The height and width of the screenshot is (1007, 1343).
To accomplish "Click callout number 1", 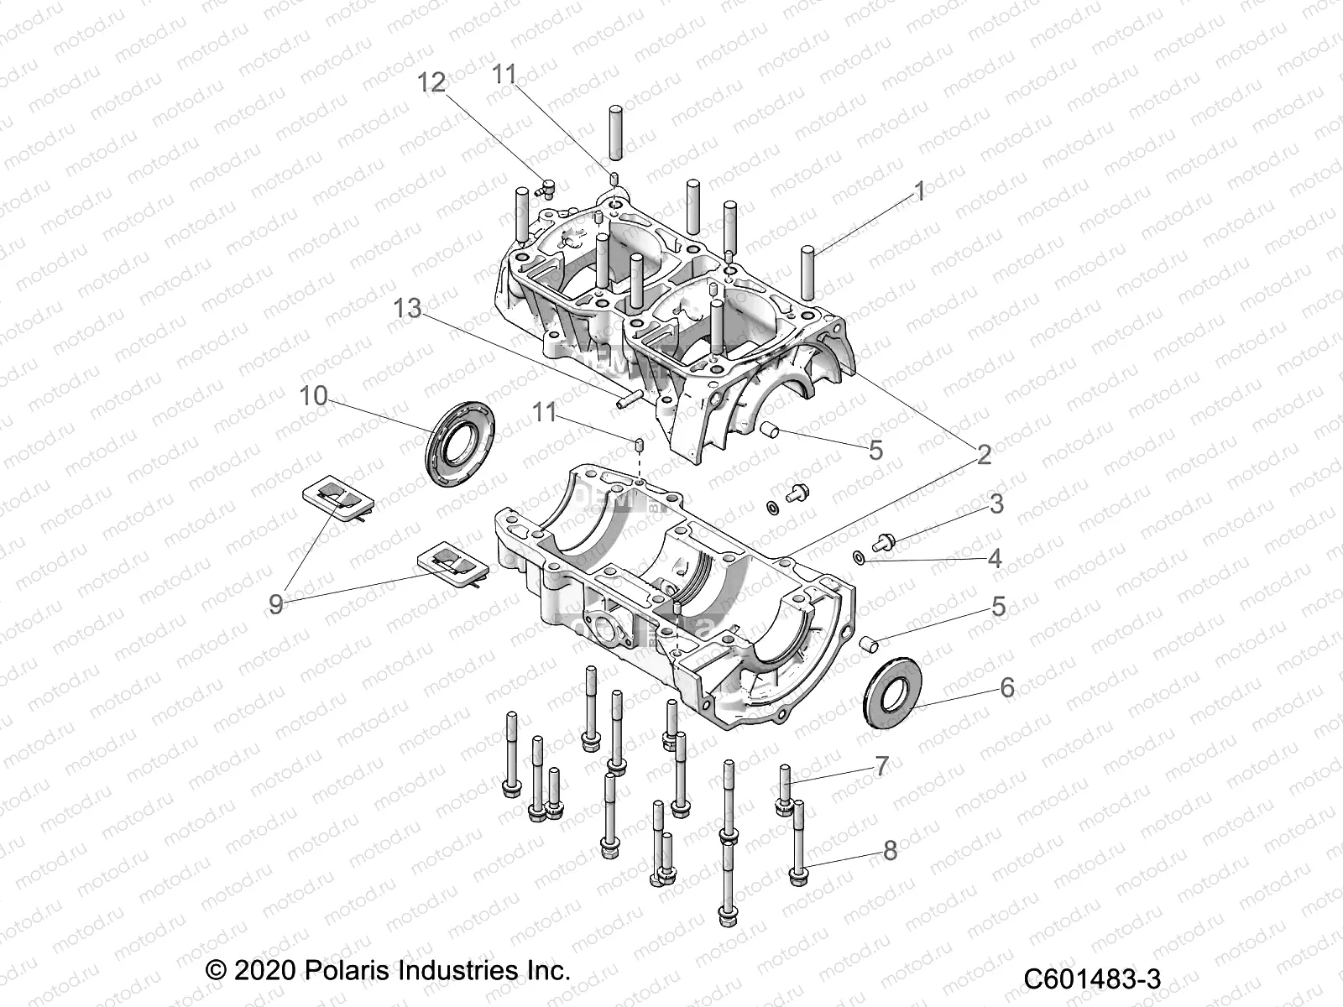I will (919, 191).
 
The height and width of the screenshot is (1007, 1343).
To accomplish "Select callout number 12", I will (433, 82).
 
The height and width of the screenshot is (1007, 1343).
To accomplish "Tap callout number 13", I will (408, 309).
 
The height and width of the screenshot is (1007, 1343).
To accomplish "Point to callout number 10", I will (314, 395).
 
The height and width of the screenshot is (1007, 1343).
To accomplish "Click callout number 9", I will (275, 604).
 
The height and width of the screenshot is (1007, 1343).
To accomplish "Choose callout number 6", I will (1007, 688).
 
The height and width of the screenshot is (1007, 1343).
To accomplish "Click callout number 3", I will (996, 503).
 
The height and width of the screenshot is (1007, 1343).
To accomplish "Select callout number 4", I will (995, 558).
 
